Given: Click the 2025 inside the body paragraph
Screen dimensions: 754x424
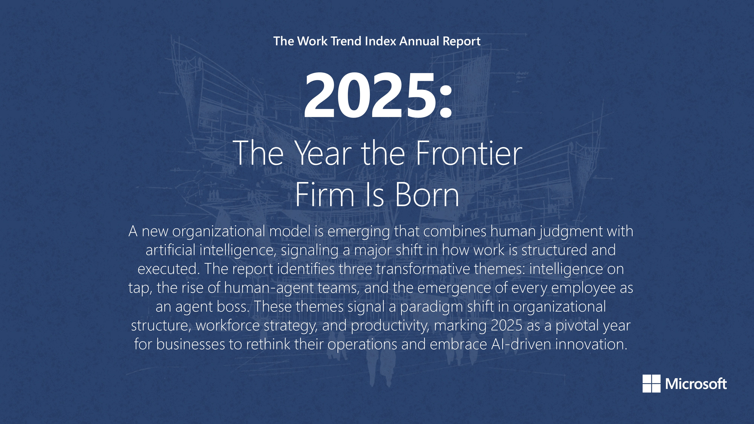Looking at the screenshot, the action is pyautogui.click(x=506, y=326).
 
